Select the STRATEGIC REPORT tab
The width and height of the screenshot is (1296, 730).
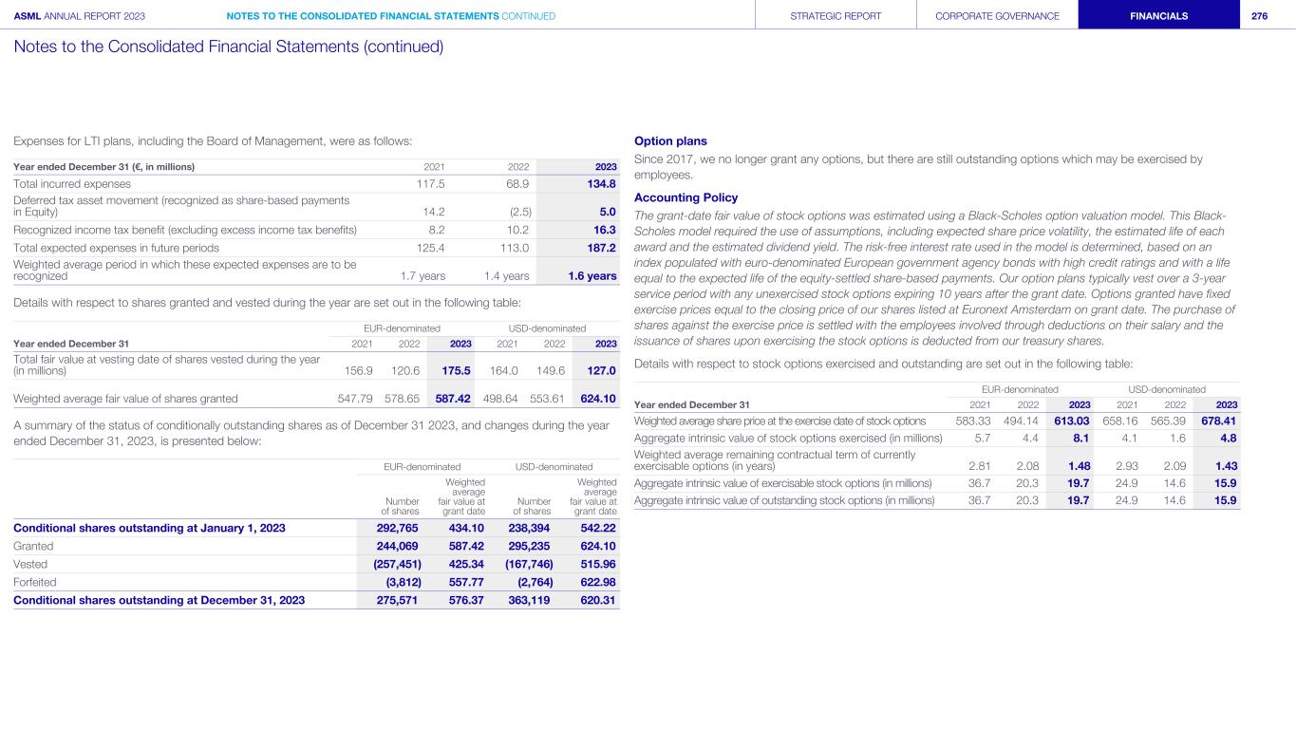coord(836,15)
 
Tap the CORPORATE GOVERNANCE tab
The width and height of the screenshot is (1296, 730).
coord(997,15)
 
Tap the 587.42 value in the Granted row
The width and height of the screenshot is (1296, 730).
coord(467,546)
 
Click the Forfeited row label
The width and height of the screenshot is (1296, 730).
coord(35,582)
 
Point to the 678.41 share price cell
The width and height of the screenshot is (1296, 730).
coord(1218,421)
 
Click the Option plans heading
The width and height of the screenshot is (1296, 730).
coord(670,141)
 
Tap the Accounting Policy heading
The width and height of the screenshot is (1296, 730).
coord(686,197)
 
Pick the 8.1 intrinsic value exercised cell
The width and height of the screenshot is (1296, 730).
coord(1080,438)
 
